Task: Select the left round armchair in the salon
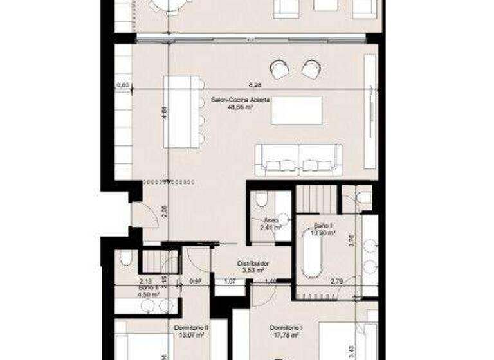tap(280, 69)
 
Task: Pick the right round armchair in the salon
tap(311, 69)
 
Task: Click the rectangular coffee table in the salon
tap(297, 111)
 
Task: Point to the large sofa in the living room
tap(298, 159)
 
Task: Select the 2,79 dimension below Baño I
tap(336, 282)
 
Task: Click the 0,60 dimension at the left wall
tap(123, 85)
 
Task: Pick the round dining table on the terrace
tap(167, 6)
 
